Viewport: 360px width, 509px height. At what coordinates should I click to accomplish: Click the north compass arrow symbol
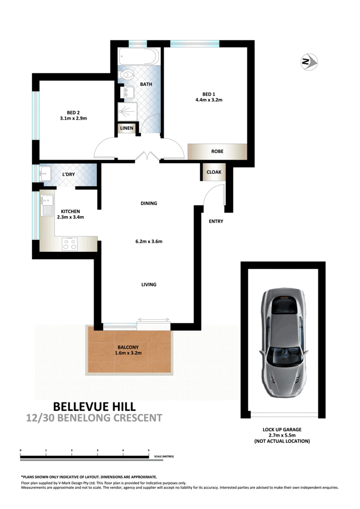[309, 62]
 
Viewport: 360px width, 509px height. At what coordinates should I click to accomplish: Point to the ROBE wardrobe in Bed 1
[217, 151]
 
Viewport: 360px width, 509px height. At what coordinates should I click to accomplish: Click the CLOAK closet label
[214, 172]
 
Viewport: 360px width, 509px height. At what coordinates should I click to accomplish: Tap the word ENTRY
[216, 221]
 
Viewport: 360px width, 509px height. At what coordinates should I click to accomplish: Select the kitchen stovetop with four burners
[70, 244]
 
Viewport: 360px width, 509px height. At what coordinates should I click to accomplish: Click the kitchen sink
[47, 205]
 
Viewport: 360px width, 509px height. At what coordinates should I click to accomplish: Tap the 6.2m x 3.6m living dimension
[149, 242]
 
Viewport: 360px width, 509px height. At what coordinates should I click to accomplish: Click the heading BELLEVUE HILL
[94, 406]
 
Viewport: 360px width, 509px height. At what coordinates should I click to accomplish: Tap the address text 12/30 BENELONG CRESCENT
[94, 418]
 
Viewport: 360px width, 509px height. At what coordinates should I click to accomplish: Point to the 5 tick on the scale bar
[148, 451]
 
